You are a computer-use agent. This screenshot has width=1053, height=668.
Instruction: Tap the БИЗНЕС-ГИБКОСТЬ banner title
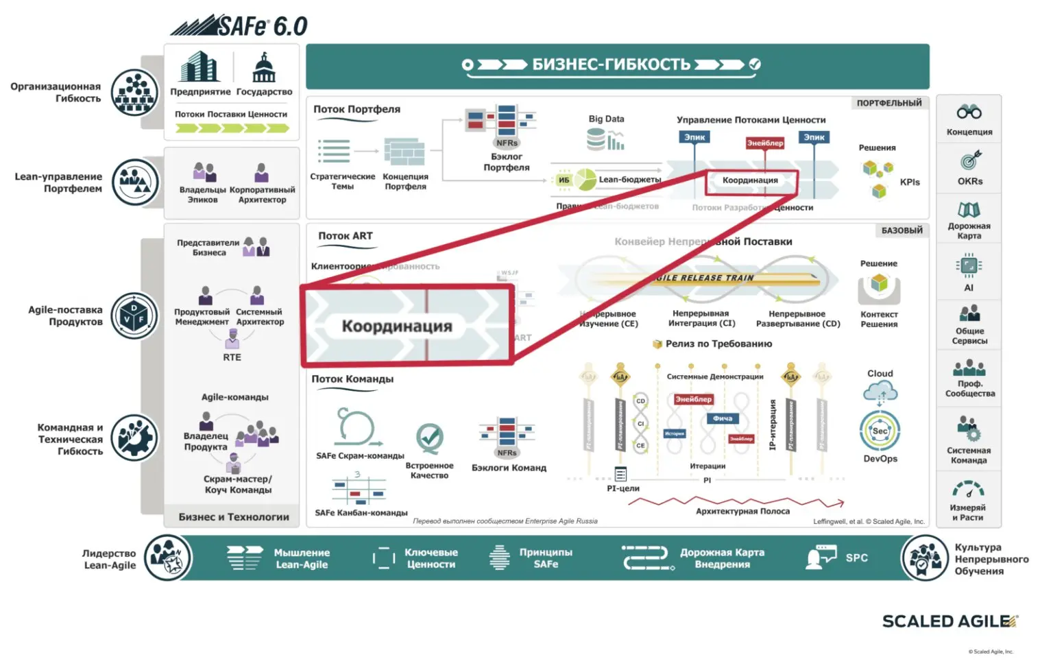tap(611, 64)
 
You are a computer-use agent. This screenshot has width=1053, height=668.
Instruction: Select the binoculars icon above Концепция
tap(969, 112)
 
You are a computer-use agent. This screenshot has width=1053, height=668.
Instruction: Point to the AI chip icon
tap(969, 265)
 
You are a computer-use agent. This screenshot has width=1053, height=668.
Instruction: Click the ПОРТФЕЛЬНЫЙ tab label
tap(888, 103)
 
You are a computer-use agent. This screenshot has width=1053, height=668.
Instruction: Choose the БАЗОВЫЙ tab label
tap(901, 230)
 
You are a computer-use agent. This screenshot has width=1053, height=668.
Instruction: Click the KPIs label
tap(910, 182)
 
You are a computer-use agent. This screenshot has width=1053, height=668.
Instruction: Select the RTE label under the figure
tap(232, 357)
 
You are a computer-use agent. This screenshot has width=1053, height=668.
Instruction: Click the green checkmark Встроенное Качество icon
tap(430, 437)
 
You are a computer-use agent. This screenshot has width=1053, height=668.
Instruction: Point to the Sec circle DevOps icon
tap(880, 431)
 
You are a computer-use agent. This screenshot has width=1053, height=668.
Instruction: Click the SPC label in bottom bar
tap(856, 558)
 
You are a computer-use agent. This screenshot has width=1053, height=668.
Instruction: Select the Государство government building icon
tap(264, 68)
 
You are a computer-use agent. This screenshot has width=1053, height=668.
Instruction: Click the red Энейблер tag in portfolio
tap(764, 143)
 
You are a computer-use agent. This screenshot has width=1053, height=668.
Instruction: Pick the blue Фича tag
tap(723, 418)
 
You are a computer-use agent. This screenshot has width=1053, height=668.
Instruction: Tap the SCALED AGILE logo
tap(949, 621)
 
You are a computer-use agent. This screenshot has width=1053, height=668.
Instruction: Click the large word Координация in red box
tap(397, 326)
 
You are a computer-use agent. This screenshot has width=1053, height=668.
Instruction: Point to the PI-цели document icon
tap(620, 474)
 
